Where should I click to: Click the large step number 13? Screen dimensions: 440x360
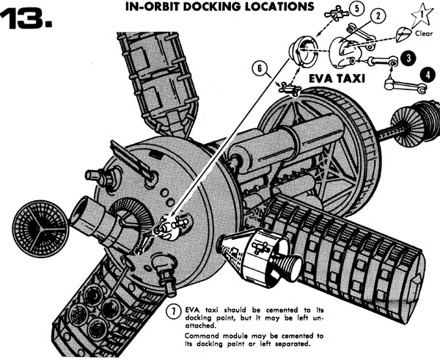26,18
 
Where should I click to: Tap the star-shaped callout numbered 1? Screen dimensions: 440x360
422,15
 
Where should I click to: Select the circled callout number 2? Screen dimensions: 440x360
378,16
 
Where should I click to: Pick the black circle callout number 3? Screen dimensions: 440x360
408,58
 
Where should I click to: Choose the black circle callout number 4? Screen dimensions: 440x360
428,76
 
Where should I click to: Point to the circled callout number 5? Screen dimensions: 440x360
357,8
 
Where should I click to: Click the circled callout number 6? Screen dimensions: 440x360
260,69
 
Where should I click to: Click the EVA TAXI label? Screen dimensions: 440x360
337,79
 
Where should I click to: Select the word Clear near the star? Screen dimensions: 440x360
424,34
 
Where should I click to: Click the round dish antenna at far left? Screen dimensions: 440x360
40,229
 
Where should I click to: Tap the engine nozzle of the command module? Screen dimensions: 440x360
287,266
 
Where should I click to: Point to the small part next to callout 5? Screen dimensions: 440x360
337,13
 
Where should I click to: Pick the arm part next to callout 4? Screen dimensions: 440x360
406,85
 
